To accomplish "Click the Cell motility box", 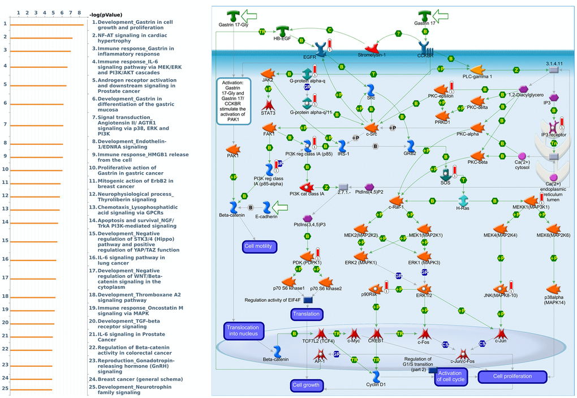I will click(259, 246).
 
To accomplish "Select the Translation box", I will click(307, 314).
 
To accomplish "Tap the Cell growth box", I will click(307, 386).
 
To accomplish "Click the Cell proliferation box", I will click(513, 376).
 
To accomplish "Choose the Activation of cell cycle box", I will click(450, 376).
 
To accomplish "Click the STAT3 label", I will click(268, 113).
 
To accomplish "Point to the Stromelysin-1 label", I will click(372, 55).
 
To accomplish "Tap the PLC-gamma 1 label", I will click(477, 76).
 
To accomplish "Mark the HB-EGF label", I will click(282, 39).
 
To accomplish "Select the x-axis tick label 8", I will click(79, 12).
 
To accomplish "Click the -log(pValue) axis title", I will click(105, 15).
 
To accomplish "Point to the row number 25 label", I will click(5, 389).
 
